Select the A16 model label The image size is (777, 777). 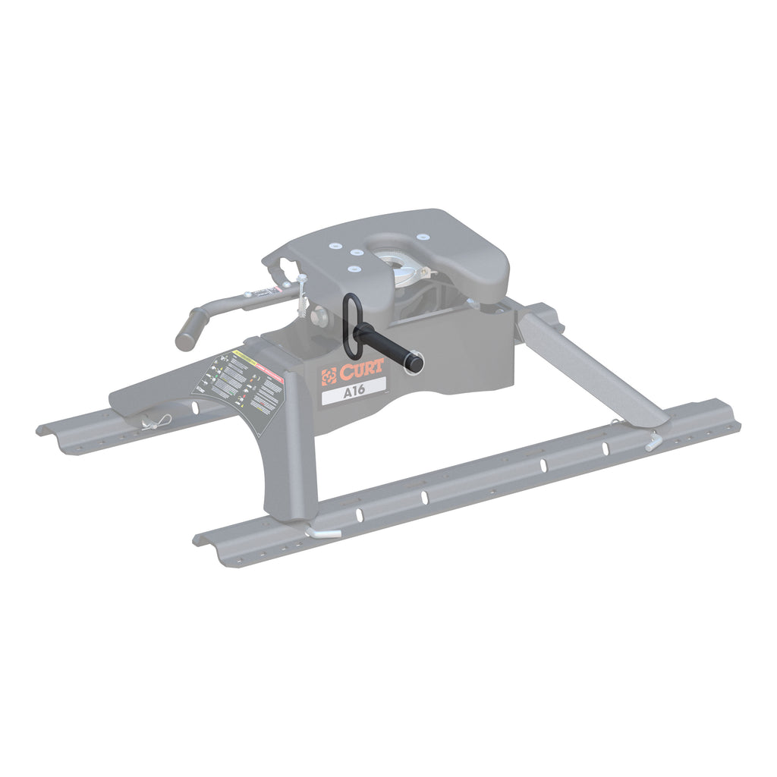[352, 394]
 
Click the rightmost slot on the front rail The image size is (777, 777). [606, 448]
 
